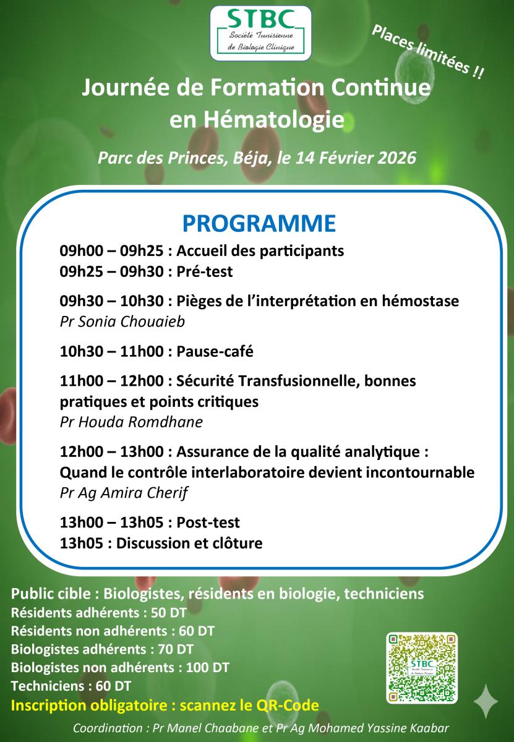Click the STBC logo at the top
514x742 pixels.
point(260,33)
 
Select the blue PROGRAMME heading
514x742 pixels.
point(259,223)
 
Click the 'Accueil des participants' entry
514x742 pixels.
point(260,252)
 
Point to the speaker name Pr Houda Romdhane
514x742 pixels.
point(131,422)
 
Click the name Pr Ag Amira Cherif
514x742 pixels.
point(124,493)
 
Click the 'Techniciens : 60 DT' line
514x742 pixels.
point(71,686)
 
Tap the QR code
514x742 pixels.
point(421,668)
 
